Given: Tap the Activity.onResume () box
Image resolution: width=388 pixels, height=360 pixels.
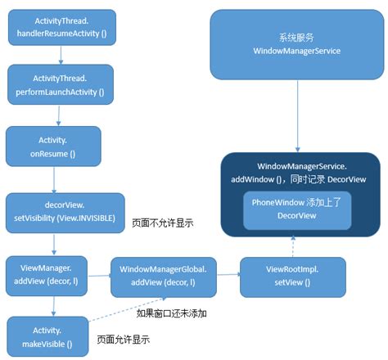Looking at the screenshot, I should click(52, 145).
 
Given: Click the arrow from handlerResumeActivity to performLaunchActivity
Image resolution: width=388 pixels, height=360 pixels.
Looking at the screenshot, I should click(60, 56).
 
